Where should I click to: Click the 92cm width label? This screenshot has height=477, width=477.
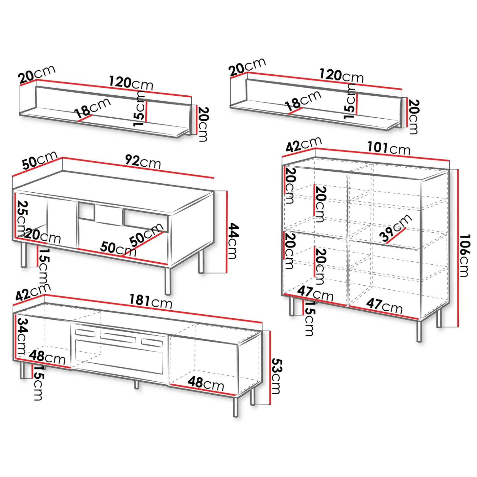(x=143, y=161)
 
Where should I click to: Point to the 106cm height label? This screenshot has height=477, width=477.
(x=464, y=255)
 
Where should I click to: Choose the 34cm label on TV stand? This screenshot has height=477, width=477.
(x=21, y=336)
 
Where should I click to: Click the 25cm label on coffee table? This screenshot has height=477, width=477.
(x=22, y=218)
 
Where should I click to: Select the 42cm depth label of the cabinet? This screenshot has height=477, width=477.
(x=304, y=145)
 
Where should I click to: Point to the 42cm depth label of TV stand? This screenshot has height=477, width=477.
(x=33, y=292)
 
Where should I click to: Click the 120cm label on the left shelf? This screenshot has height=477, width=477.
(x=131, y=83)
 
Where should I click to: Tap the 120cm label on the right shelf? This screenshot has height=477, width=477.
(x=341, y=76)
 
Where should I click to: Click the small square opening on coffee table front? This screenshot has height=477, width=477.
(x=86, y=211)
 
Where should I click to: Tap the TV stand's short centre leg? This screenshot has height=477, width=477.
(x=137, y=384)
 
